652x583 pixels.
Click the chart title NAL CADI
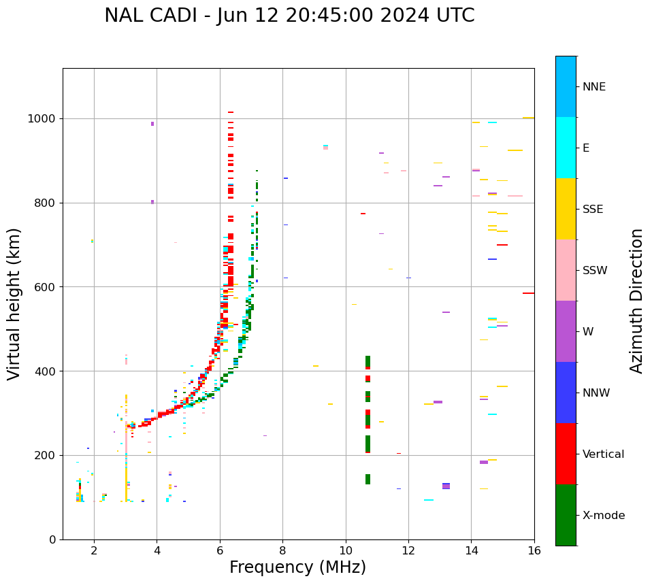tap(289, 16)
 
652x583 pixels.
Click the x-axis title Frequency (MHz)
tap(297, 567)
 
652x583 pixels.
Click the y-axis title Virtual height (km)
tap(14, 304)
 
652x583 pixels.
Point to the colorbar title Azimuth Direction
tap(636, 301)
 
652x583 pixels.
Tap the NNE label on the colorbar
tap(593, 87)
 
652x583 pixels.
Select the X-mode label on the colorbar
tap(603, 516)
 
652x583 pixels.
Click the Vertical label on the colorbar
tap(603, 454)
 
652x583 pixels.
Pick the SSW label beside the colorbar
tap(595, 271)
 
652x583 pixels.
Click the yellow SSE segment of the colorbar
tap(566, 209)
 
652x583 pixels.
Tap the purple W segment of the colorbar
tap(566, 331)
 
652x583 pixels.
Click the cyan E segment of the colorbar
tap(566, 148)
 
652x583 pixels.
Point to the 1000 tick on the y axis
tap(43, 119)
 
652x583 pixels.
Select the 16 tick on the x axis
tap(534, 550)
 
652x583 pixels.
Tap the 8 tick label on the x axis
tap(282, 550)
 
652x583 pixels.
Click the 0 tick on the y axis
tap(53, 539)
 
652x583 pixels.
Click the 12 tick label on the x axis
tap(408, 550)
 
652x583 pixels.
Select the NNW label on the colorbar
tap(596, 393)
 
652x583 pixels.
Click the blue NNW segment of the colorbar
tap(566, 393)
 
